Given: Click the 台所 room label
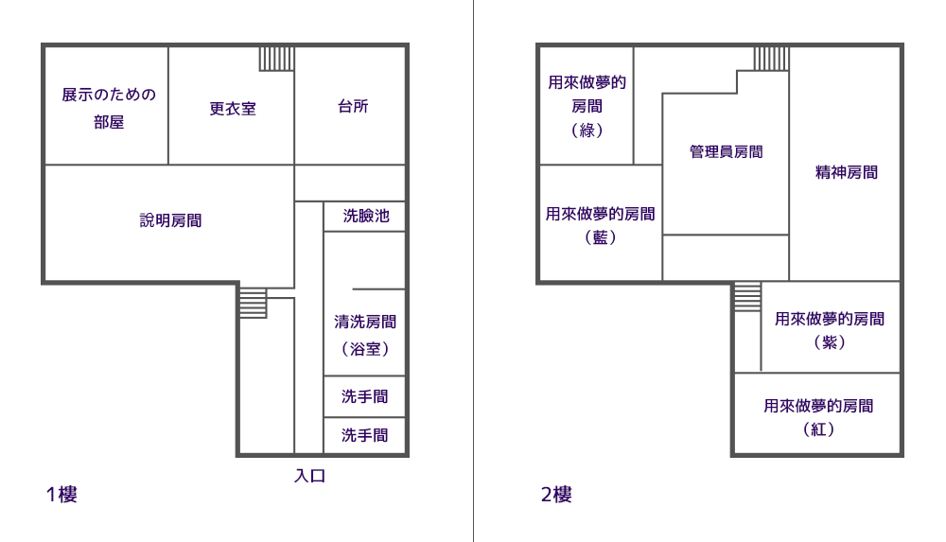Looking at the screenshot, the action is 353,106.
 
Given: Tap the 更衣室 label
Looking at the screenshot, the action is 233,109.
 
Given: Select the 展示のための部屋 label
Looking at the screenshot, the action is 109,108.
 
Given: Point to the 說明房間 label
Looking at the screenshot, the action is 170,220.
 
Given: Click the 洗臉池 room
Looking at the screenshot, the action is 365,216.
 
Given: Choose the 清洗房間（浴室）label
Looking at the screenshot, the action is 365,335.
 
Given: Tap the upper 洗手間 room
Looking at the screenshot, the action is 364,396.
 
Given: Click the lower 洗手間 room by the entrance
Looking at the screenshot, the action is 364,435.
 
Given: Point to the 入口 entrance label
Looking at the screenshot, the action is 310,476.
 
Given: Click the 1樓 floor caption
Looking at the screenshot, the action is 61,495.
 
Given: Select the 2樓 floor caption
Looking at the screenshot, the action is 556,495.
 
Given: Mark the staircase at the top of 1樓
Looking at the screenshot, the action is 277,60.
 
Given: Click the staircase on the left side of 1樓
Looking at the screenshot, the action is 254,303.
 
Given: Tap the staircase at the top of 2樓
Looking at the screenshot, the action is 772,60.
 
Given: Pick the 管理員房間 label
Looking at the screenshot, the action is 726,151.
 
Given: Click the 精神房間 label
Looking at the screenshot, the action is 847,172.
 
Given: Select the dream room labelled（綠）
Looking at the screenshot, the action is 587,106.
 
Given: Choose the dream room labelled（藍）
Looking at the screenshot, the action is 601,225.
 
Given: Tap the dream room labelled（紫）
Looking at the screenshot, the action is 830,330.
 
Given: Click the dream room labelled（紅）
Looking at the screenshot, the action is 818,417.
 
